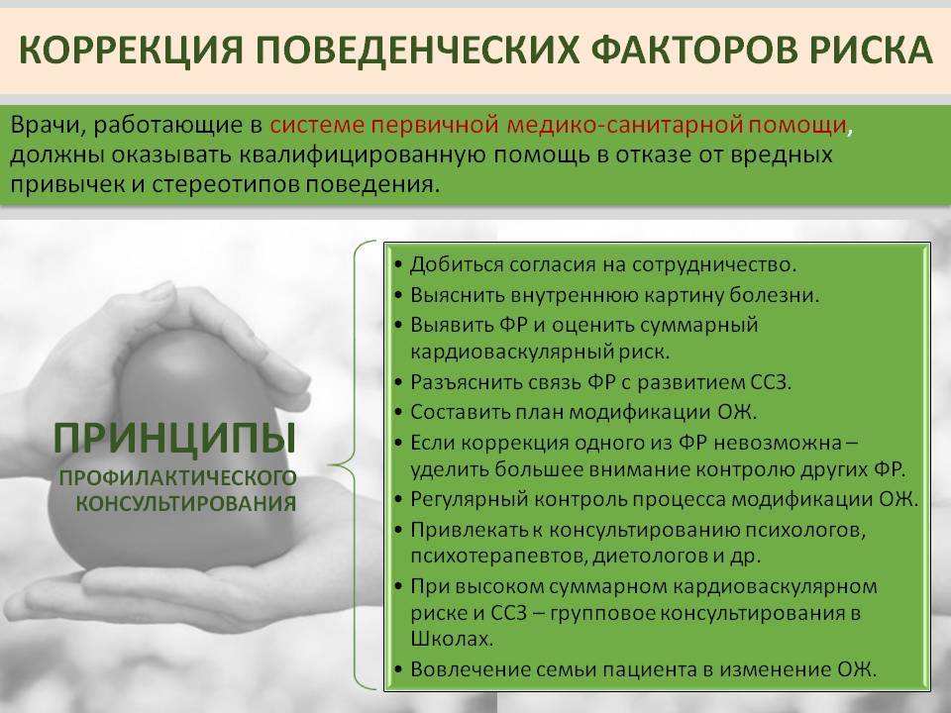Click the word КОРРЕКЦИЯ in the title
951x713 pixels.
coord(131,50)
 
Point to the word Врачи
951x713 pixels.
coord(49,126)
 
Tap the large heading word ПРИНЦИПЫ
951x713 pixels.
coord(174,439)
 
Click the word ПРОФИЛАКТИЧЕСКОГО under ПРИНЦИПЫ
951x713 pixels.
coord(177,477)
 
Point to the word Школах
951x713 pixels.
coord(452,639)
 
